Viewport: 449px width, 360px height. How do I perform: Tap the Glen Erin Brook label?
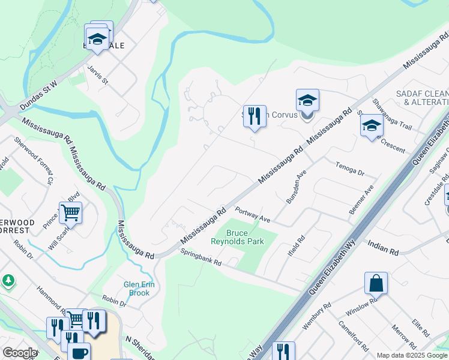(x=139, y=289)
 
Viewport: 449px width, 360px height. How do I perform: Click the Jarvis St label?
(x=97, y=74)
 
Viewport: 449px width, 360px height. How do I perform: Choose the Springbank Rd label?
(x=201, y=257)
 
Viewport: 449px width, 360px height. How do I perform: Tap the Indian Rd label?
(x=383, y=248)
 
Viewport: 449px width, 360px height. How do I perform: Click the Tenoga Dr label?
(x=350, y=169)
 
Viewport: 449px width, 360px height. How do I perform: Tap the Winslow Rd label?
(x=360, y=307)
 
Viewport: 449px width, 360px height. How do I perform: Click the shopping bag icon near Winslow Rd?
(x=376, y=283)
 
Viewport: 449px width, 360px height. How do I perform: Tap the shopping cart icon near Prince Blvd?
(x=71, y=212)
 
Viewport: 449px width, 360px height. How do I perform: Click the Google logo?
(x=20, y=353)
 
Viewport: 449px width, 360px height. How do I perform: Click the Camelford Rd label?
(x=352, y=337)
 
